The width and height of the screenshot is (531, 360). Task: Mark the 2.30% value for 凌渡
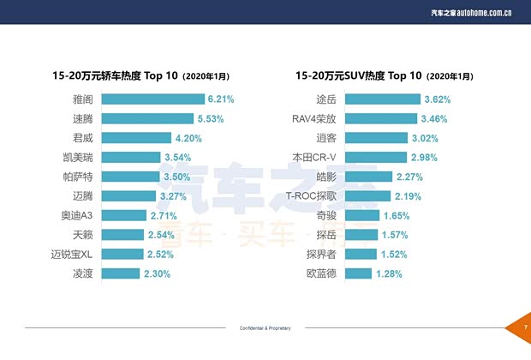coord(157,273)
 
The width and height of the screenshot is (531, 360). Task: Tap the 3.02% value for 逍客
coord(425,138)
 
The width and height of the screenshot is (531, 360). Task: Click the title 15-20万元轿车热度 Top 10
coord(141,75)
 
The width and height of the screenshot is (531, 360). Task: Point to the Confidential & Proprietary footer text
coord(264,329)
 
